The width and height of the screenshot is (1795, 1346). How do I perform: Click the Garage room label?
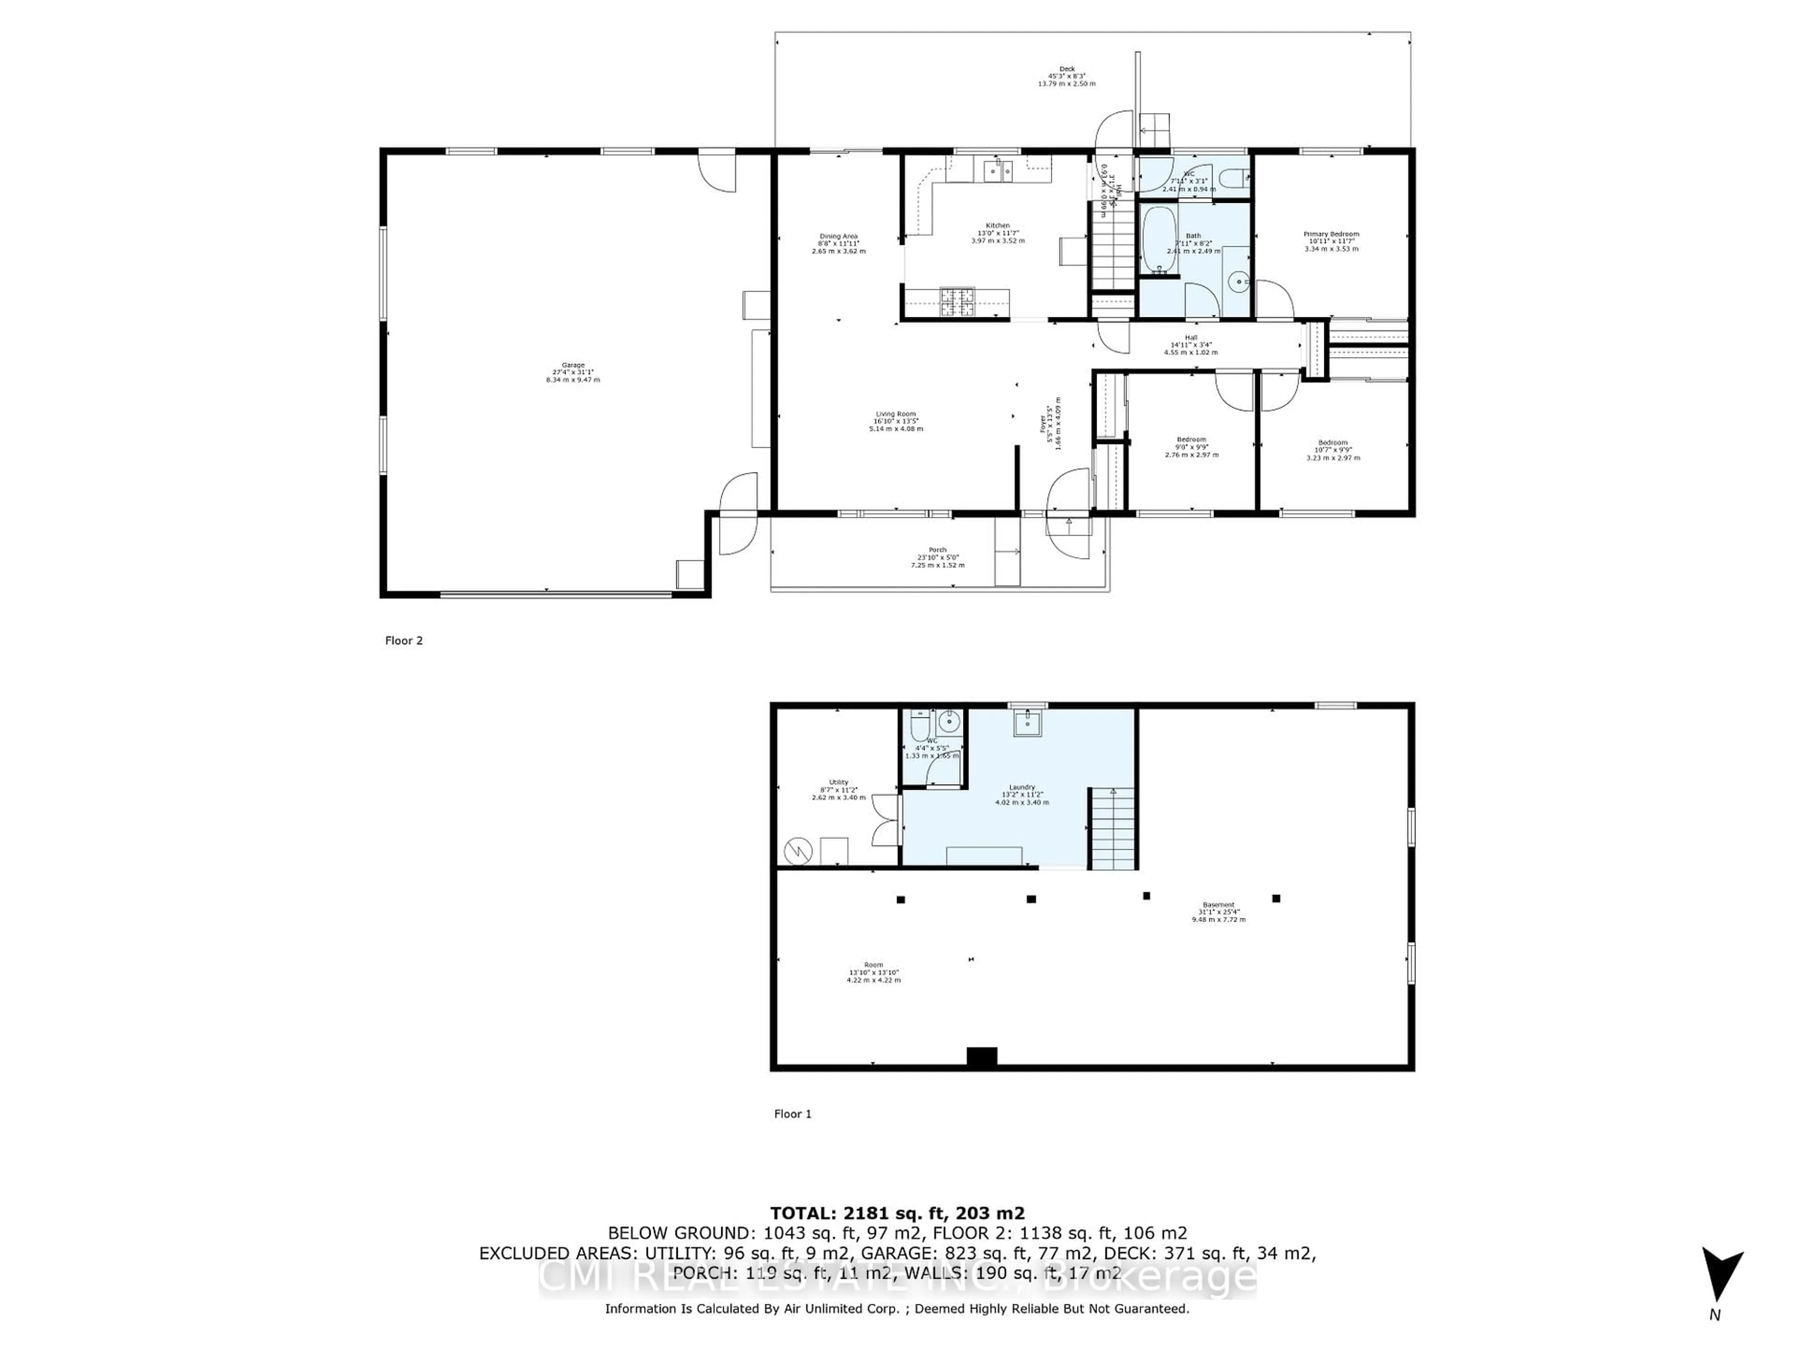pyautogui.click(x=573, y=366)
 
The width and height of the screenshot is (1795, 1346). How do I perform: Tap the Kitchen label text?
pyautogui.click(x=998, y=226)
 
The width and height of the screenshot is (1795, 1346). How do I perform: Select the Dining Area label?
pyautogui.click(x=838, y=237)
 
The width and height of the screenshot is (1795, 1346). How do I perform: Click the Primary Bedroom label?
pyautogui.click(x=1331, y=235)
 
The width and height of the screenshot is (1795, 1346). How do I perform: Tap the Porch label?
pyautogui.click(x=937, y=550)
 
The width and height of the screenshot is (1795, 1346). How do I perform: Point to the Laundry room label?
pyautogui.click(x=1022, y=787)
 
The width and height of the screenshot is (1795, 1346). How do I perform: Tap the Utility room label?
pyautogui.click(x=838, y=782)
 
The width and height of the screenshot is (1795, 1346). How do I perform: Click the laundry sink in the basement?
pyautogui.click(x=1027, y=722)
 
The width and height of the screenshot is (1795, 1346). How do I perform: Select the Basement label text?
pyautogui.click(x=1218, y=905)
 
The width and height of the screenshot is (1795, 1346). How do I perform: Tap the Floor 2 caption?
pyautogui.click(x=403, y=641)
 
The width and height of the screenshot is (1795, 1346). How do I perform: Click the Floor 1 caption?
pyautogui.click(x=792, y=1114)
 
